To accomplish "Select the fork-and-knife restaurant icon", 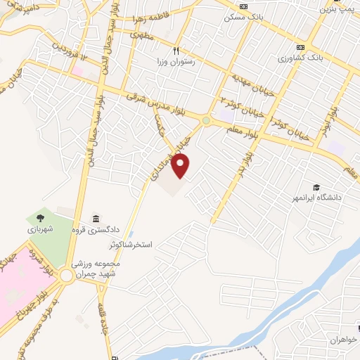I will (x=176, y=51).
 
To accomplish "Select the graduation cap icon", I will (x=316, y=187).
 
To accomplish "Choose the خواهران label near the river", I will (x=345, y=340).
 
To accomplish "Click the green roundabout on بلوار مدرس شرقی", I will (x=205, y=121).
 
